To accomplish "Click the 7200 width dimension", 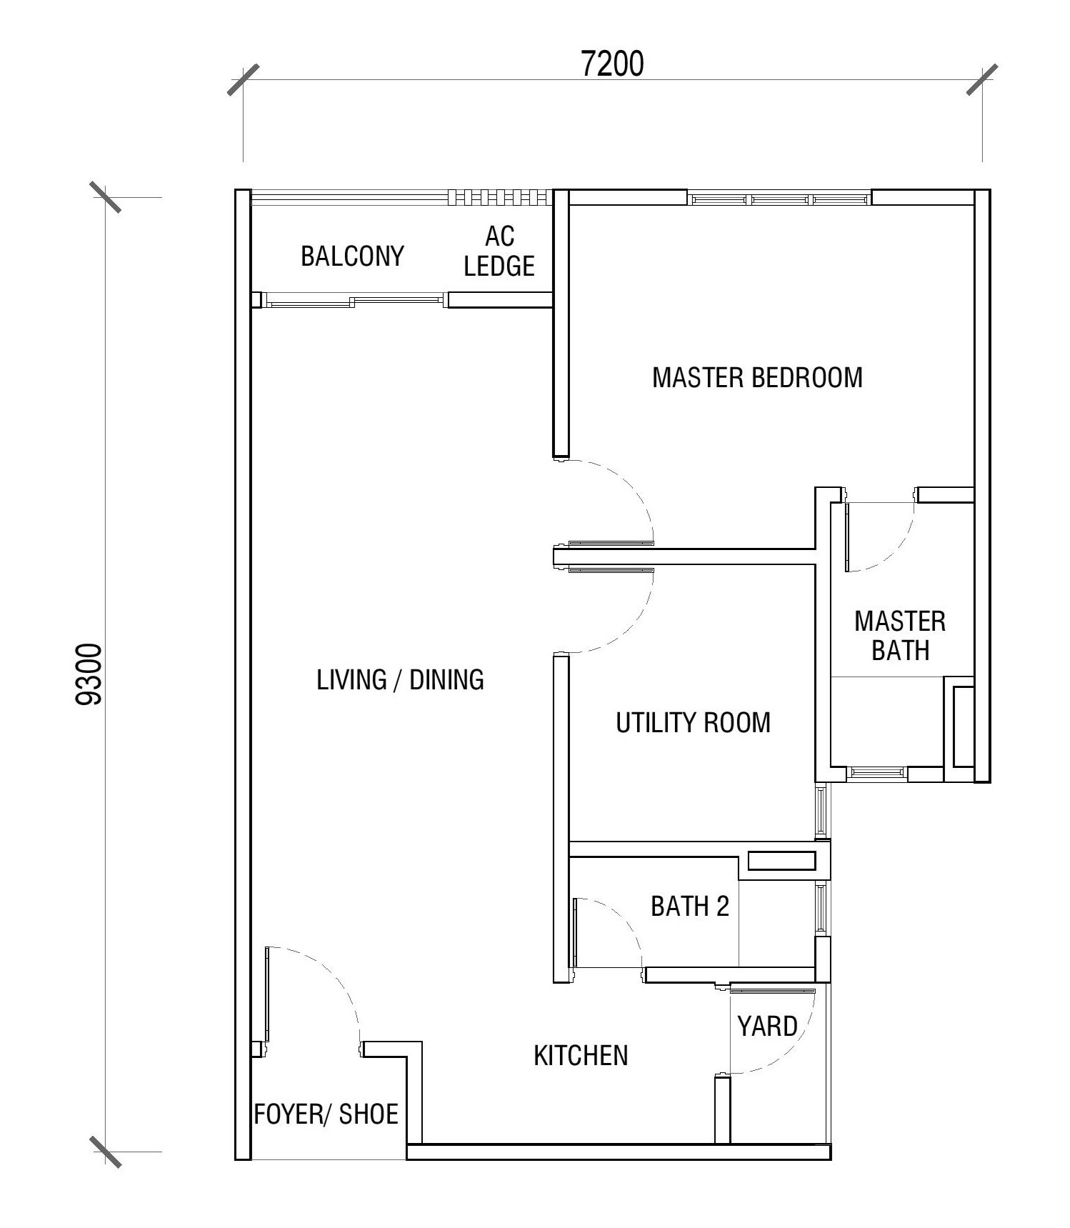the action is pos(613,64).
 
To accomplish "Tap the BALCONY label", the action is pos(352,256).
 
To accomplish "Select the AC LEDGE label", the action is pos(499,251).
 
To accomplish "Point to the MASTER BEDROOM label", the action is pos(757,377).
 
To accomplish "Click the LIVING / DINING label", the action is pos(400,679).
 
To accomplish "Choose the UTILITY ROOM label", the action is pos(693,723).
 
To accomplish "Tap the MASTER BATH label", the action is pos(900,636).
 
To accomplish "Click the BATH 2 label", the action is pos(689,907).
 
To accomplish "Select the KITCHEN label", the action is pos(581,1055).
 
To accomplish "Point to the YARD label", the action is pos(767,1027).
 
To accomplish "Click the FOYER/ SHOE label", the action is pos(326,1114).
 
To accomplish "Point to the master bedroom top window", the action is pos(779,198).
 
